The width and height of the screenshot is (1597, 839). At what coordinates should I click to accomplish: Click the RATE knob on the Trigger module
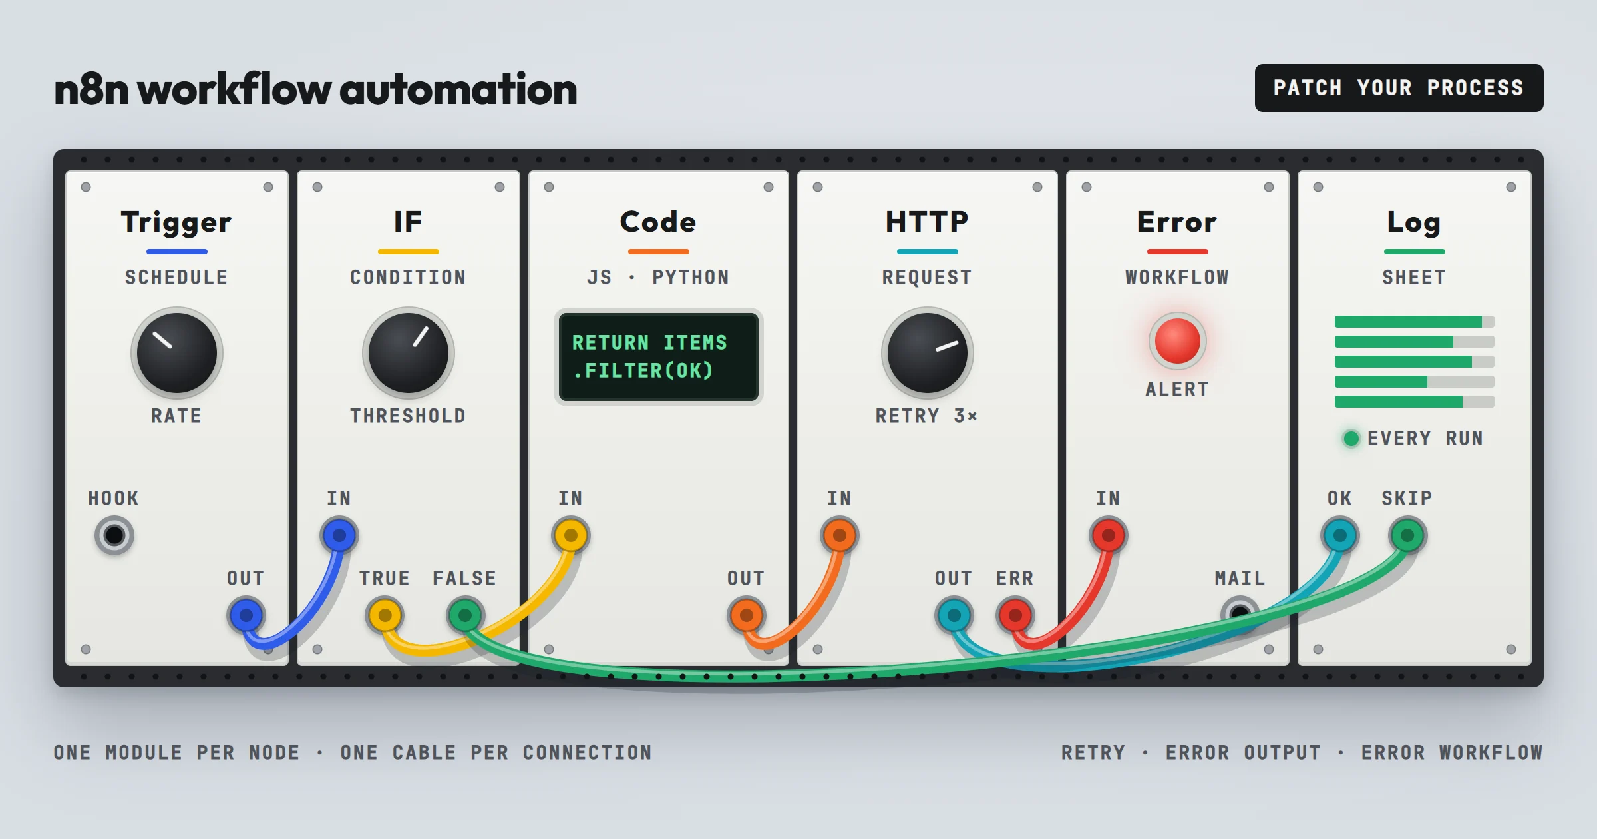(177, 352)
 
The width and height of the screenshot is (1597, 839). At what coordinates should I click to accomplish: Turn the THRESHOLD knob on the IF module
(409, 352)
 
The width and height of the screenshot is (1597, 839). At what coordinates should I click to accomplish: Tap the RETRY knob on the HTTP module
(928, 352)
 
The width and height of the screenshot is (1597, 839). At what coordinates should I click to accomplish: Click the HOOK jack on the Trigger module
(114, 535)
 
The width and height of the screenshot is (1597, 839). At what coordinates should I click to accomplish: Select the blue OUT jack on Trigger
(246, 615)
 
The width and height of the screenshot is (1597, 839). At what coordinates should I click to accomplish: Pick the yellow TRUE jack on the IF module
(385, 615)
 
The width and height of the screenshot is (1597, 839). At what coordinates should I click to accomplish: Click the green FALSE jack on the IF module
(465, 615)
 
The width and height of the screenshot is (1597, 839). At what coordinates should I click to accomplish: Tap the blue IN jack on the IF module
(339, 535)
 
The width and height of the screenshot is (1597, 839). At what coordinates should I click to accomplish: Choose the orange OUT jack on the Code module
(747, 615)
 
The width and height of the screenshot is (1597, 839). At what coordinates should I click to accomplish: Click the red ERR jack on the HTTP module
(1015, 615)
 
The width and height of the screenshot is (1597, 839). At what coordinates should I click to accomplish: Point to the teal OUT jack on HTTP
(954, 615)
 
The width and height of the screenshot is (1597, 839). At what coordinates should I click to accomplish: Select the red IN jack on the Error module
(1109, 535)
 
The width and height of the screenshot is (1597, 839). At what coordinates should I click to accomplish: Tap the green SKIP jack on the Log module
(1407, 535)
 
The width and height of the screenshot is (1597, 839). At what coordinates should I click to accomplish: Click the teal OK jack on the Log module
(1340, 535)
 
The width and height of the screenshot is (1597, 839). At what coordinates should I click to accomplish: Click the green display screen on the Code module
(659, 356)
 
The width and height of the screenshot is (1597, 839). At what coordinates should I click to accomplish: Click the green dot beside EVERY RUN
(1351, 438)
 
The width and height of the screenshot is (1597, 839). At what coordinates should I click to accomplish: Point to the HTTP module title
(927, 222)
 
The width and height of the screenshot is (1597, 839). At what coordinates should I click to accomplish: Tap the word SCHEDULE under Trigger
(176, 277)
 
